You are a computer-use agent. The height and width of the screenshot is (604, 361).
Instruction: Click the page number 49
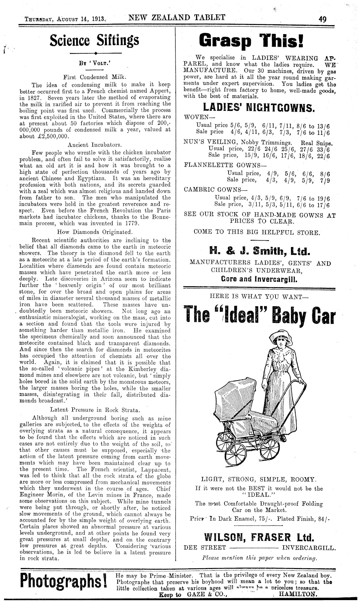[322, 19]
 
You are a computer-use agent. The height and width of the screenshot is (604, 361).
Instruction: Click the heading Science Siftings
[94, 41]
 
